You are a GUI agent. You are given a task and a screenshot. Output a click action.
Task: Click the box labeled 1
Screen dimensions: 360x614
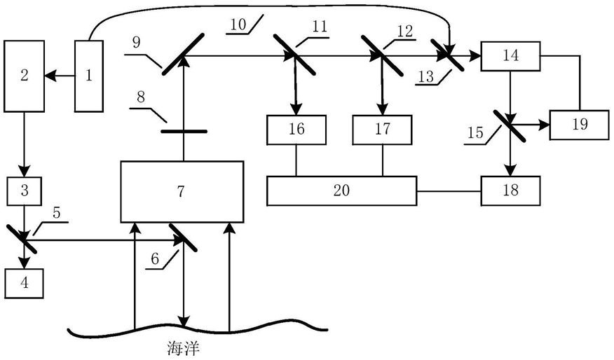point(89,76)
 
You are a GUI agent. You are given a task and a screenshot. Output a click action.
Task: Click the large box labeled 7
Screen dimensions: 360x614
point(182,191)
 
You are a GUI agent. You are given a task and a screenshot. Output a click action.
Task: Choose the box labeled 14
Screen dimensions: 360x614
point(510,56)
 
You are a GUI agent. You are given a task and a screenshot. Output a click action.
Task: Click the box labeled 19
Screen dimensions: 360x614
point(579,125)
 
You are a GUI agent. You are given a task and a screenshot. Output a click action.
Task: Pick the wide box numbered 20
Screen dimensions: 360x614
point(341,190)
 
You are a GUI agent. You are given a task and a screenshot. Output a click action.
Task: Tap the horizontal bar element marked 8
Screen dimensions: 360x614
point(184,130)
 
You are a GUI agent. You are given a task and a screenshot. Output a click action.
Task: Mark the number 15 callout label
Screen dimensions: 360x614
point(474,132)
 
